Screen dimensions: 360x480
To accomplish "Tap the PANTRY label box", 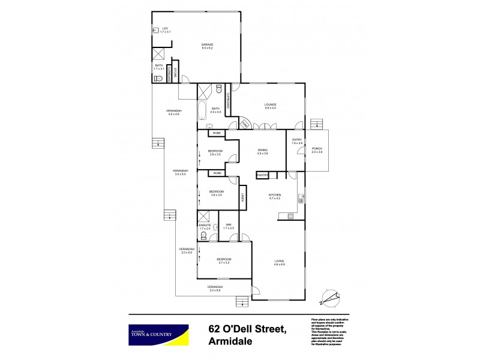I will (x=262, y=175).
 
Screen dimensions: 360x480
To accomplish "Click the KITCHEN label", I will (x=275, y=195).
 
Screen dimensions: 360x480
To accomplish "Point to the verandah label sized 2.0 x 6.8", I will (x=215, y=288).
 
